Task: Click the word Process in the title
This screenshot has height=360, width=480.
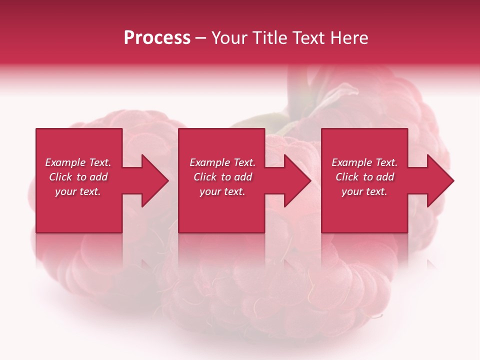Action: coord(157,38)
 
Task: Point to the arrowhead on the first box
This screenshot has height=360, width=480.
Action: coord(152,180)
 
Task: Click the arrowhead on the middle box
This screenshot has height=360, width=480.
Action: coord(295,180)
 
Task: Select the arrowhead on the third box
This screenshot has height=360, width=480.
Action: coord(438,180)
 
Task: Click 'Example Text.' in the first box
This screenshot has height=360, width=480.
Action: coord(78,162)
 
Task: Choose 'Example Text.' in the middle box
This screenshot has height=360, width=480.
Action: coord(222,162)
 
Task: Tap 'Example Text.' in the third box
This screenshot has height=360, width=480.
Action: coord(364,162)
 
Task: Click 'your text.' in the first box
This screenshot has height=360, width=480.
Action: coord(78,191)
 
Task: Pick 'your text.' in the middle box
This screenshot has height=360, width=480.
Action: coord(222,191)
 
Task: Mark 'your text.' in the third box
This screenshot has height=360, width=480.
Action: coord(364,191)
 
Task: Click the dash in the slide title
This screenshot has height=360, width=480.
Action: coord(200,38)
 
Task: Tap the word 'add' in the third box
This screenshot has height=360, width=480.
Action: coord(384,177)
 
